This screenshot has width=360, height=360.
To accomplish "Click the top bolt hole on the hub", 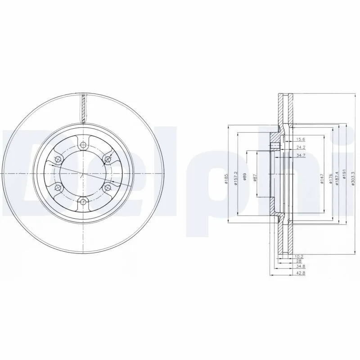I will point(83,145).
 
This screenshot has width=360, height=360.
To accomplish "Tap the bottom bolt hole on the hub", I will point(83,201).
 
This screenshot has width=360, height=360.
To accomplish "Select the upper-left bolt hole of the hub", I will point(58,159).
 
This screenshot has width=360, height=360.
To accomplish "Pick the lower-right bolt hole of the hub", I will point(108,187).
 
